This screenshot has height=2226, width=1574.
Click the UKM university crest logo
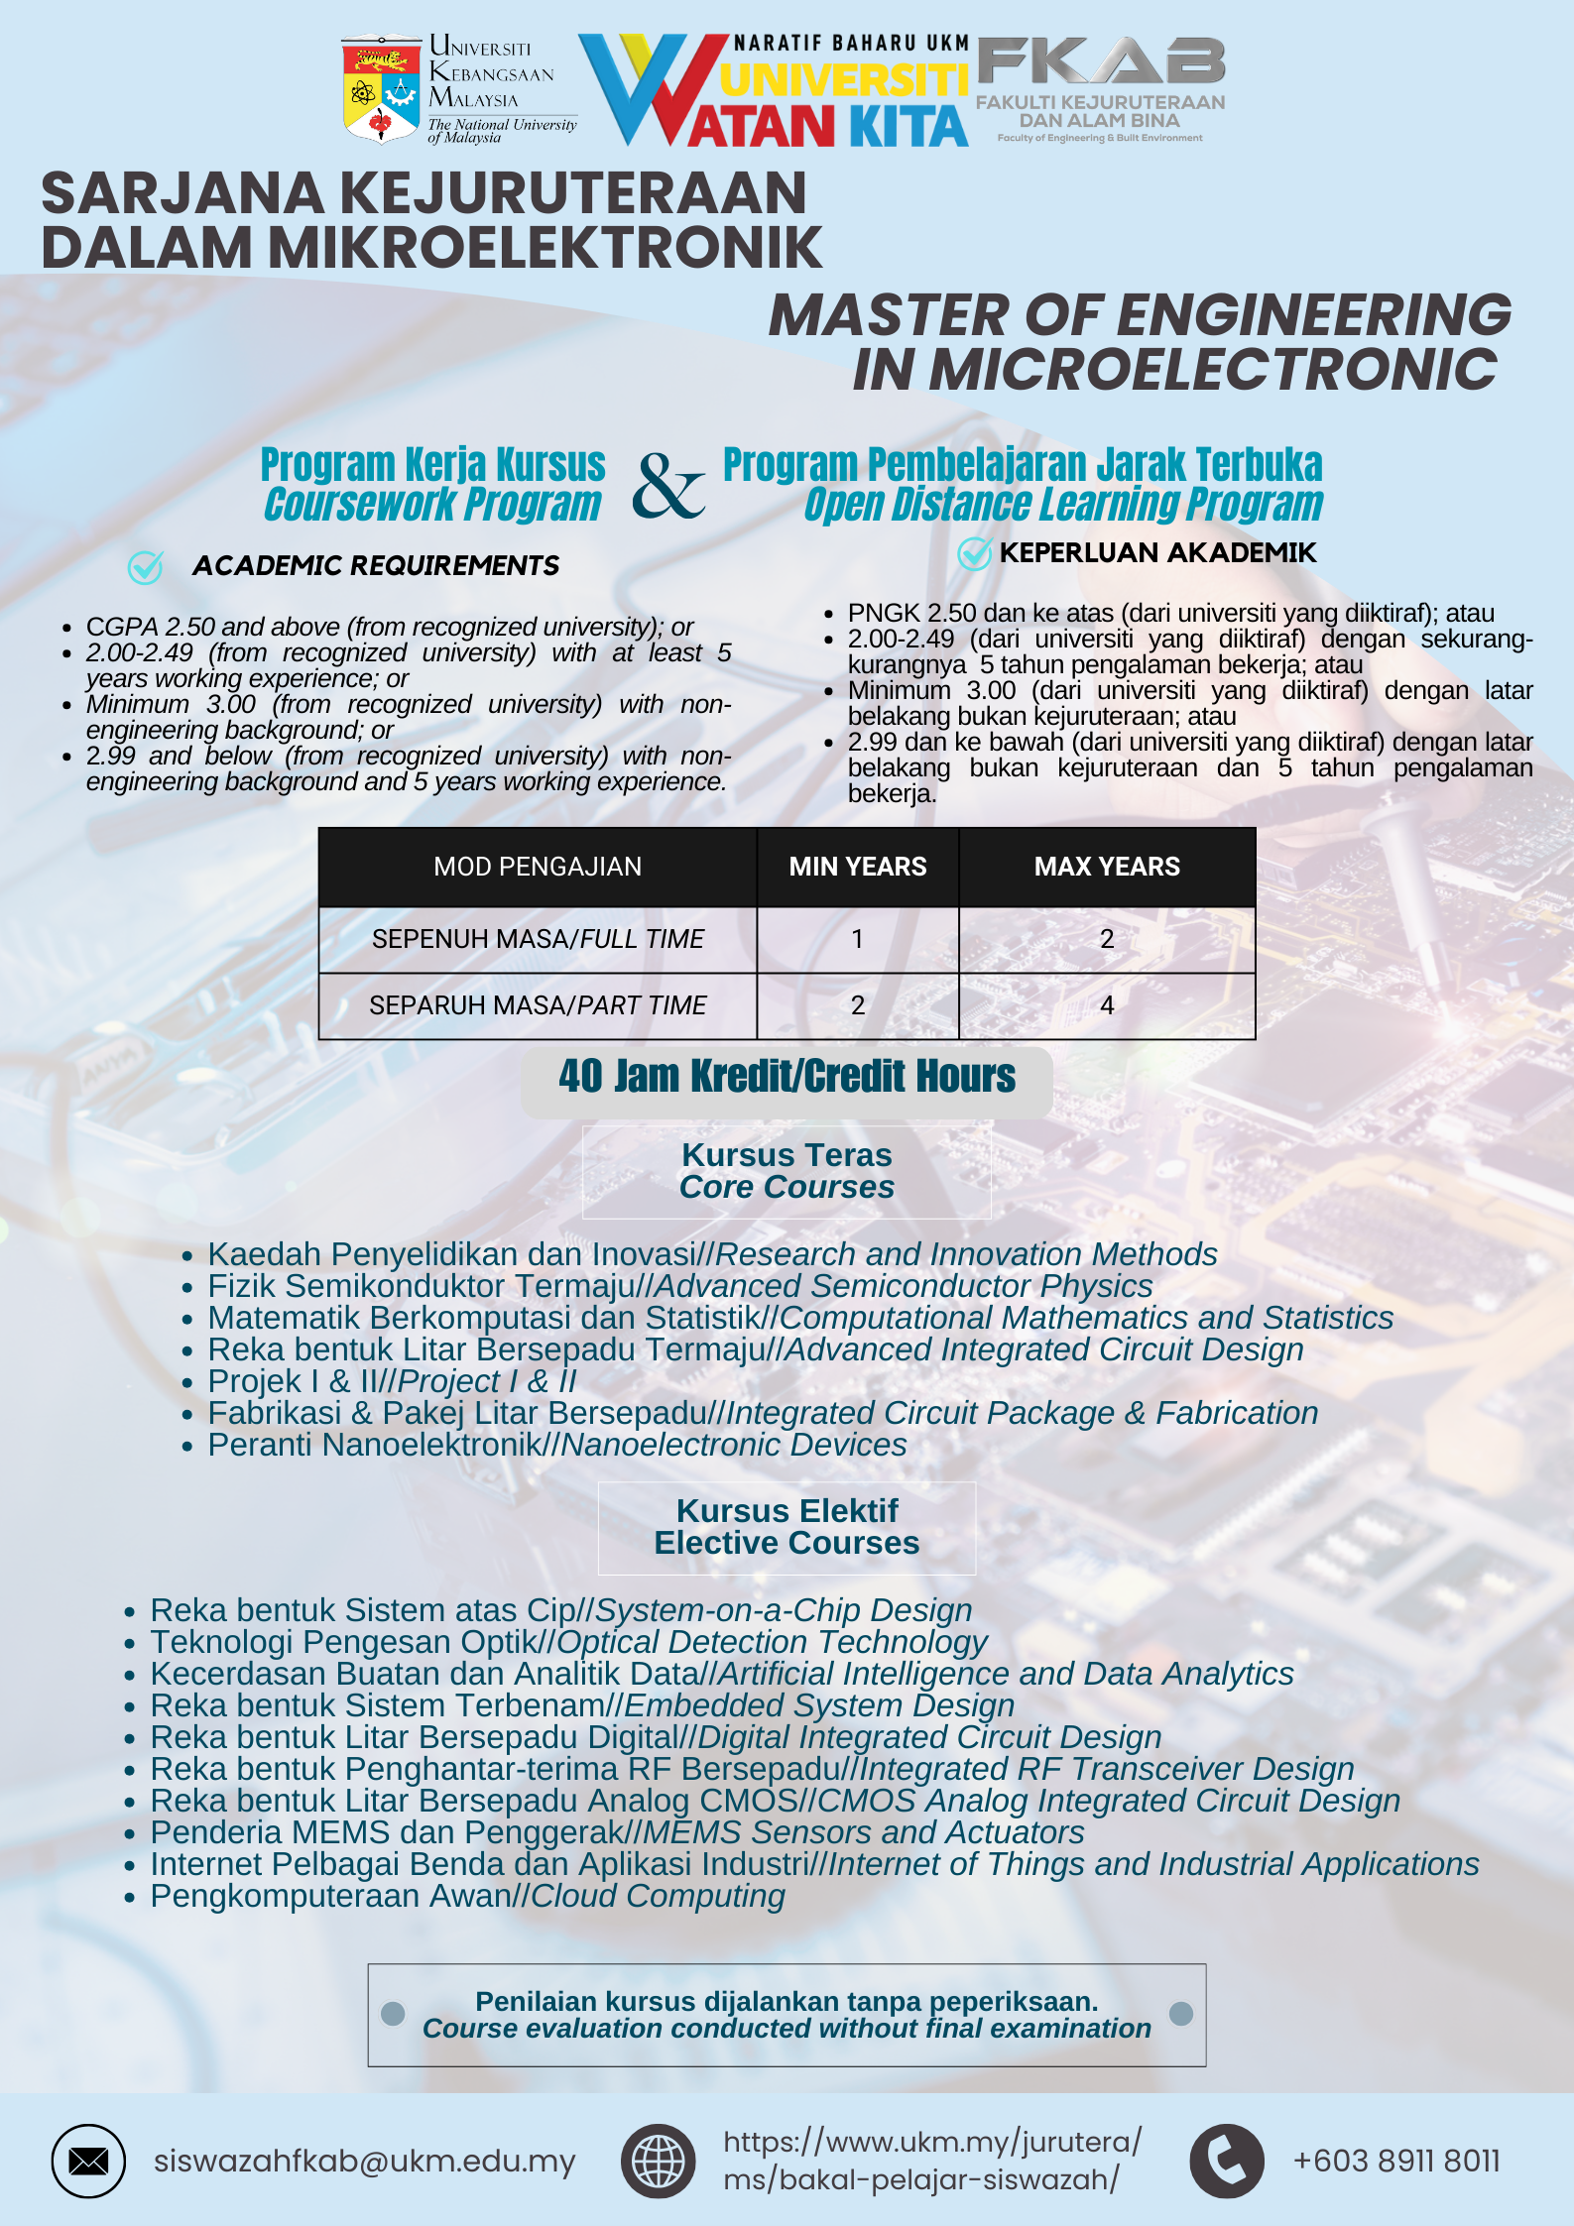[381, 90]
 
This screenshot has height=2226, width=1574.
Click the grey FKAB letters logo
[1101, 61]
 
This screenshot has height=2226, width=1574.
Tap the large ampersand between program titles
[668, 486]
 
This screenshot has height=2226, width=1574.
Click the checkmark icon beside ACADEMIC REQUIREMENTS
[146, 567]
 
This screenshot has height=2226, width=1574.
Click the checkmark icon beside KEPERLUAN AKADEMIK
[975, 553]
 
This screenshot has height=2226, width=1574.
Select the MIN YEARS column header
[857, 867]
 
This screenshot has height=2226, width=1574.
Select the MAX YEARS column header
[1107, 867]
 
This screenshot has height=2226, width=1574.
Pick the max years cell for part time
[1107, 1005]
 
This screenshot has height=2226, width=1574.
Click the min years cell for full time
[857, 938]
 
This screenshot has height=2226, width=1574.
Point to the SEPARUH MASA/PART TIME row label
[538, 1005]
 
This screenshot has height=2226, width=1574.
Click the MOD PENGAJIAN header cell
[538, 867]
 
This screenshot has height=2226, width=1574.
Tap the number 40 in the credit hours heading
[580, 1077]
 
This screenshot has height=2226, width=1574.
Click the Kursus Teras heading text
[787, 1155]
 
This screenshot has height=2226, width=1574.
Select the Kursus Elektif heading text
[787, 1511]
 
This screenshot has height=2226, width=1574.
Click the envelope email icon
[88, 2162]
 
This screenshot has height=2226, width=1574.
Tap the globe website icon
[659, 2162]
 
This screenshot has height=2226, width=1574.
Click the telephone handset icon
[1227, 2162]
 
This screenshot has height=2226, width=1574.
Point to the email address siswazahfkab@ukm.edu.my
[364, 2162]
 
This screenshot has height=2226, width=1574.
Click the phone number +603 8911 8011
[1396, 2162]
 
